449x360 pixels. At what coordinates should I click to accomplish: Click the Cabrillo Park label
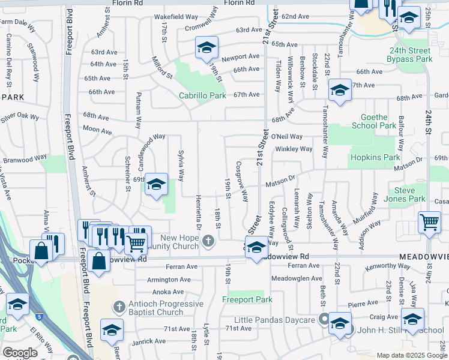coord(202,95)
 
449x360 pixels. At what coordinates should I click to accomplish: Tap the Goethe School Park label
coord(378,121)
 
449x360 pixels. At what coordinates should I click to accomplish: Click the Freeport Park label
coord(247,299)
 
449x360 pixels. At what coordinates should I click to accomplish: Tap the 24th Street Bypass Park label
coord(409,55)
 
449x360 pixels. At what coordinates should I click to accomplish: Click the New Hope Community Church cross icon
coord(208,241)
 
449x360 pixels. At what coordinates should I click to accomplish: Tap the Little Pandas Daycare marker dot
coord(324,319)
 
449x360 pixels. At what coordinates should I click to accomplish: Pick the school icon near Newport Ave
coord(206,47)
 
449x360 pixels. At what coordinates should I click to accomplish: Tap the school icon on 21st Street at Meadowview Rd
coord(256,247)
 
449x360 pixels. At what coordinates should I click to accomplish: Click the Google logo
coord(20,353)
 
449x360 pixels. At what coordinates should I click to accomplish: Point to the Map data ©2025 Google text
coord(412,355)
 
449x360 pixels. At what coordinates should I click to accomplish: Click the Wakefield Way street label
coord(176,17)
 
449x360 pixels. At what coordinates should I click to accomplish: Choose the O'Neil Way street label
coord(290,137)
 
